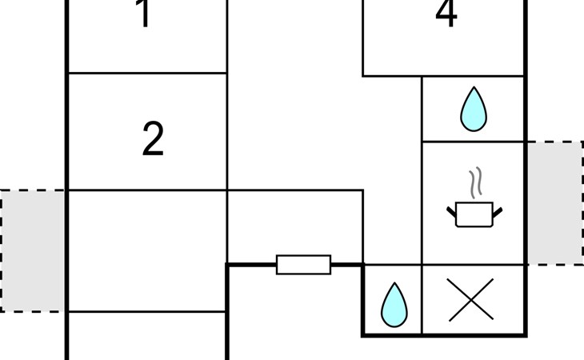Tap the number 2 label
pyautogui.click(x=153, y=138)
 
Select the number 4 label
pyautogui.click(x=446, y=14)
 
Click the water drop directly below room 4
pyautogui.click(x=474, y=109)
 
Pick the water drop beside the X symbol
pyautogui.click(x=394, y=305)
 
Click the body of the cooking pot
pyautogui.click(x=474, y=214)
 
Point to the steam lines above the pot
pyautogui.click(x=476, y=182)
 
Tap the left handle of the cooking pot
pyautogui.click(x=451, y=212)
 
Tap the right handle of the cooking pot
pyautogui.click(x=498, y=213)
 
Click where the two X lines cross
pyautogui.click(x=471, y=299)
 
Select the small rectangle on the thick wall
pyautogui.click(x=303, y=265)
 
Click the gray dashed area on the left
pyautogui.click(x=32, y=250)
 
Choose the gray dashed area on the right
pyautogui.click(x=555, y=203)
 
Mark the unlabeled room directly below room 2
pyautogui.click(x=147, y=250)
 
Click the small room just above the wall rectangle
pyautogui.click(x=295, y=226)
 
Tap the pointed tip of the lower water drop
pyautogui.click(x=394, y=283)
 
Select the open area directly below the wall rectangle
pyautogui.click(x=294, y=314)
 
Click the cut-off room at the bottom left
pyautogui.click(x=147, y=336)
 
